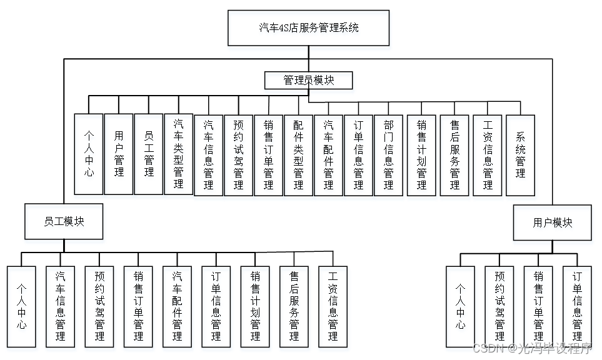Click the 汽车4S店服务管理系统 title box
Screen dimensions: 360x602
click(x=309, y=28)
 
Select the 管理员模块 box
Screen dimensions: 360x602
click(x=309, y=80)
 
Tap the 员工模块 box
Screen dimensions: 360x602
click(x=64, y=222)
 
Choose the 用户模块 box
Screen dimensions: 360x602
click(x=553, y=222)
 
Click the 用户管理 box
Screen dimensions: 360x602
click(x=119, y=154)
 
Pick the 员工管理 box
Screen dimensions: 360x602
click(x=149, y=154)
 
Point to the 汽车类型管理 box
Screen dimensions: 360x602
click(x=179, y=154)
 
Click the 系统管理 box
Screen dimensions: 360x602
click(x=520, y=154)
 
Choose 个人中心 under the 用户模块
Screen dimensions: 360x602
click(x=460, y=306)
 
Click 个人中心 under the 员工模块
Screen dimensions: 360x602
click(x=22, y=306)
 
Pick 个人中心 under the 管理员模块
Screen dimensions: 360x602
click(x=89, y=154)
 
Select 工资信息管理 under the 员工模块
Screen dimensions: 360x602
click(x=333, y=306)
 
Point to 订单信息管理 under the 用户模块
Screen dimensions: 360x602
click(x=577, y=306)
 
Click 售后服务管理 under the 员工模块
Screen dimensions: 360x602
click(x=294, y=306)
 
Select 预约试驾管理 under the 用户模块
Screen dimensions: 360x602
click(x=499, y=306)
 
